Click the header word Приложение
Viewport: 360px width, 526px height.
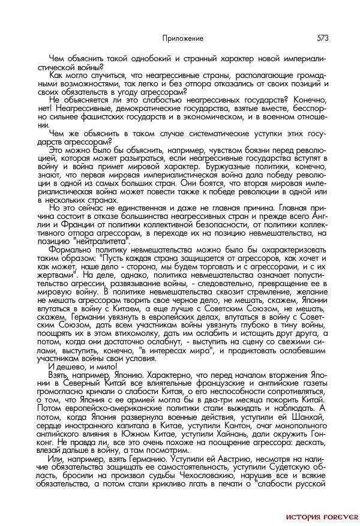click(183, 38)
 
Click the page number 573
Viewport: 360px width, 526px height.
click(322, 38)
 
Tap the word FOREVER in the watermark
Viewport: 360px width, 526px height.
click(341, 515)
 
